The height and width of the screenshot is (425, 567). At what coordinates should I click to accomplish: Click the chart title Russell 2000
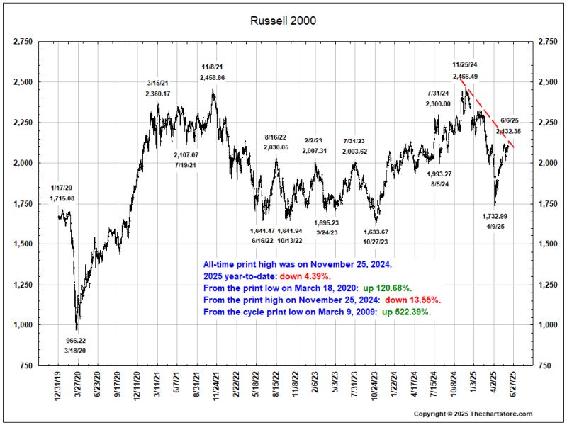[283, 21]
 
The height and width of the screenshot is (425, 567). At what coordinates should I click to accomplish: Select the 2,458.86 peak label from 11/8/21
[213, 77]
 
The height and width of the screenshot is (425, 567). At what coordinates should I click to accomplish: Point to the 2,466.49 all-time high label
[465, 76]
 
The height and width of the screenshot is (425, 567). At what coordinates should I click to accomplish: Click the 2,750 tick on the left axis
[23, 43]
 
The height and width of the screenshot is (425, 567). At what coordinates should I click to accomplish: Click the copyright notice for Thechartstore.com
[473, 414]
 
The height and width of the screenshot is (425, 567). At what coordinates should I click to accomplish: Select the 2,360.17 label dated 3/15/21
[158, 93]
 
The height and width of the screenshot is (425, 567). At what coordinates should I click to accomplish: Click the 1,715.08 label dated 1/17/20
[62, 198]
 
